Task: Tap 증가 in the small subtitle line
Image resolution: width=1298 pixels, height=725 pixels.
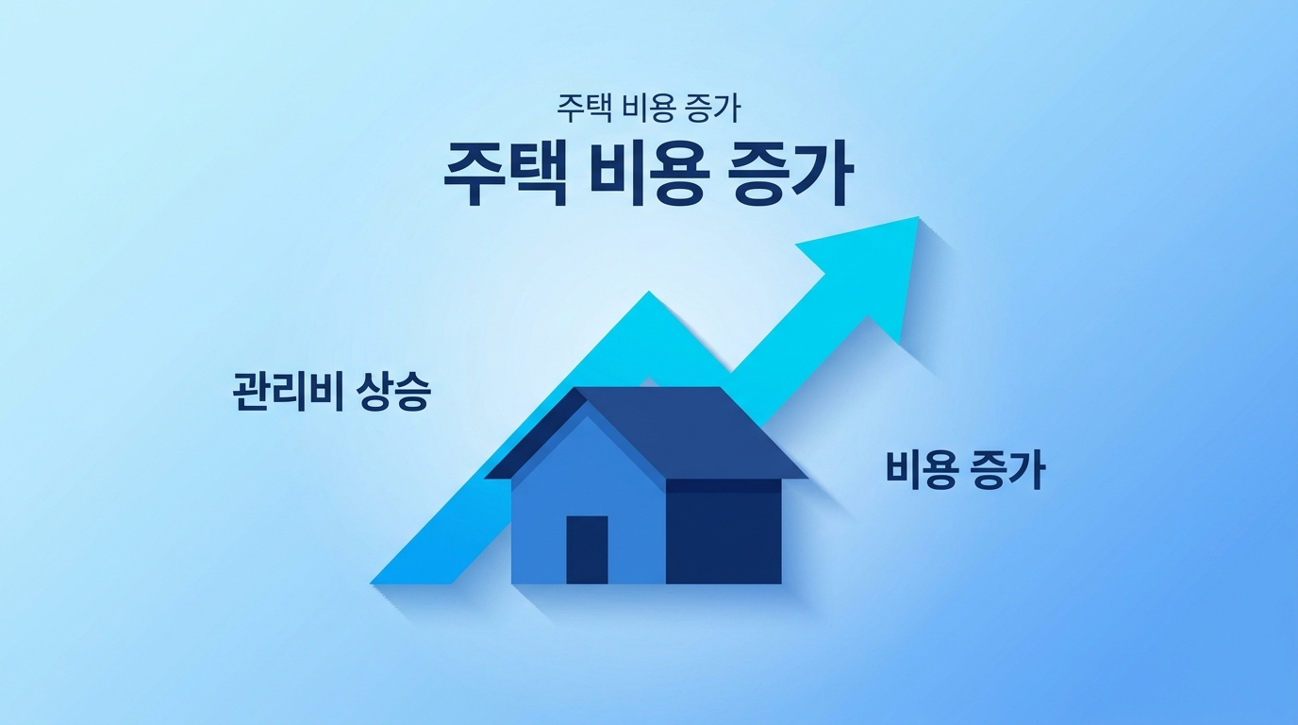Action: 713,109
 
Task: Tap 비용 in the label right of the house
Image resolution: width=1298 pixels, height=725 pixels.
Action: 919,469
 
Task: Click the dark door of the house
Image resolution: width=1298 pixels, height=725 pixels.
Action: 587,549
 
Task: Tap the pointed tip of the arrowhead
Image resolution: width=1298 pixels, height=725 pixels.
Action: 918,218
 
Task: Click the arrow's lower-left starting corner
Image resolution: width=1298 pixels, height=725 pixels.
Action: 374,582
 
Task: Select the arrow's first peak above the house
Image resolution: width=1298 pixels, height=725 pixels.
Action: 648,295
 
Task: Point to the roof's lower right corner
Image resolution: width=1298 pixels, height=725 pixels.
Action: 807,477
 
